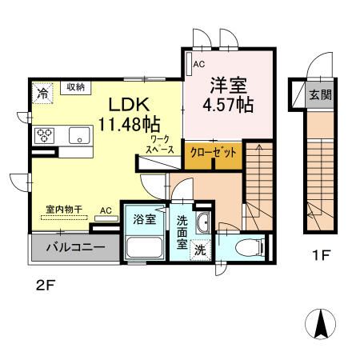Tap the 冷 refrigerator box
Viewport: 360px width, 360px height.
click(42, 93)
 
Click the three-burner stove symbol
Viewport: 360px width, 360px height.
click(44, 134)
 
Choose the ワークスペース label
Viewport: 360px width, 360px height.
click(159, 144)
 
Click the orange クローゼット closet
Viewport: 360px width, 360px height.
click(212, 153)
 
